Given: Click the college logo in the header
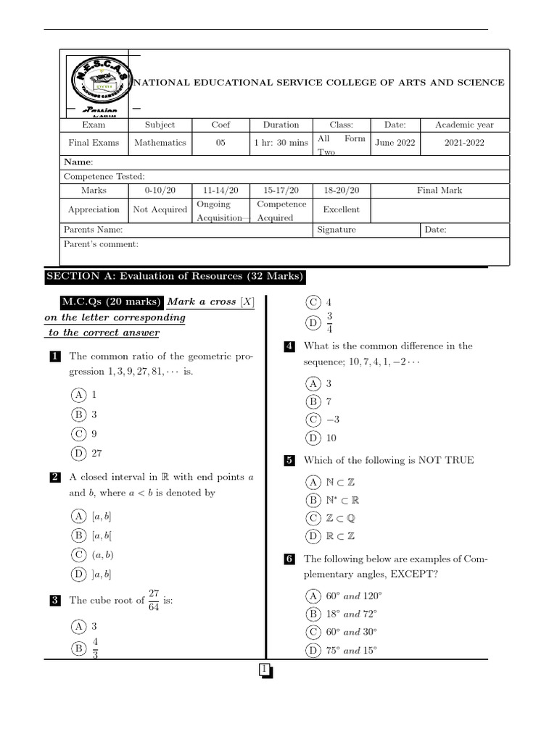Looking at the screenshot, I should point(99,83).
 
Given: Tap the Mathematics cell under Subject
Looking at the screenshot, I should point(160,143).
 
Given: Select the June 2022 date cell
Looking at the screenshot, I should point(395,143).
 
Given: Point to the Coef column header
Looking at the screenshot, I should point(220,125).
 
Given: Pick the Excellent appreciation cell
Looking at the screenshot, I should point(341,209).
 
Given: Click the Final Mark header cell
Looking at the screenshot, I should point(440,191).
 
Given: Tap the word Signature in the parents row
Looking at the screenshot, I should point(337,230).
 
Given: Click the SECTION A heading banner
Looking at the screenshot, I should point(175,277).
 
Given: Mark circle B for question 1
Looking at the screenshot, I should point(78,414).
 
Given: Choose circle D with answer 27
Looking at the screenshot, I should point(78,454).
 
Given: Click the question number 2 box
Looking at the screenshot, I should point(55,478).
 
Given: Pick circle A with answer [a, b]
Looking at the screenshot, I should point(78,516).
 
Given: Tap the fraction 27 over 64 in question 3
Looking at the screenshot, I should point(153,601).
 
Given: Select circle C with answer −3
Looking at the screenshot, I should point(313,420).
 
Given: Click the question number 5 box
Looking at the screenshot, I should point(289,460).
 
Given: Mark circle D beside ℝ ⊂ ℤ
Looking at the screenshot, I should point(313,537).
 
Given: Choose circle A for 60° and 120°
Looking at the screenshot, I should point(313,596).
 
